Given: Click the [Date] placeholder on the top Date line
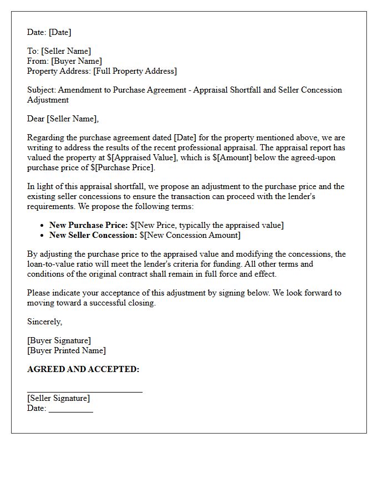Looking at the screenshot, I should pos(59,32).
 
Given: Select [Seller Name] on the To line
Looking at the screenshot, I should pos(65,51).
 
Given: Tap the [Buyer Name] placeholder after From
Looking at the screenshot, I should pos(76,61).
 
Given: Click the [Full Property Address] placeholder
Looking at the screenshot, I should pos(135,71).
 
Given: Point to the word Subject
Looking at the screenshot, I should pos(41,90).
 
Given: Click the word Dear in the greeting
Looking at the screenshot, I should pos(36,119).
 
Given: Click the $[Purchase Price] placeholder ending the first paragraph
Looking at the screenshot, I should pos(121,167).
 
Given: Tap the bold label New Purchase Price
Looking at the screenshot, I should pos(88,225).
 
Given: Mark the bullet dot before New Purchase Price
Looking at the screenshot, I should pos(43,226).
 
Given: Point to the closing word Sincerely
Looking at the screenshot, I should pos(44,322).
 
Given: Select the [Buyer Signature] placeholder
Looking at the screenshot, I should pos(59,340).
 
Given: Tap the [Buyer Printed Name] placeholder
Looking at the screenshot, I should pos(66,350).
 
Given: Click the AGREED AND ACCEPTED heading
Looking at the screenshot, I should pos(83,369).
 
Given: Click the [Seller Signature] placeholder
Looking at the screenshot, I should pos(58,398).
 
